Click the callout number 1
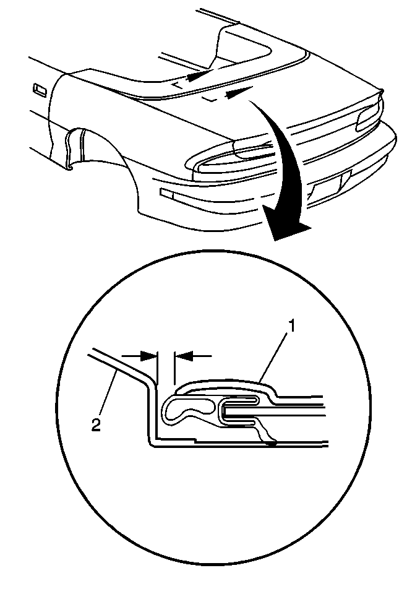click(292, 325)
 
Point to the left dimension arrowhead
click(148, 356)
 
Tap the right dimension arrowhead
click(182, 356)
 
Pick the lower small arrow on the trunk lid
click(239, 92)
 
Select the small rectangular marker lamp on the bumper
click(166, 194)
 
